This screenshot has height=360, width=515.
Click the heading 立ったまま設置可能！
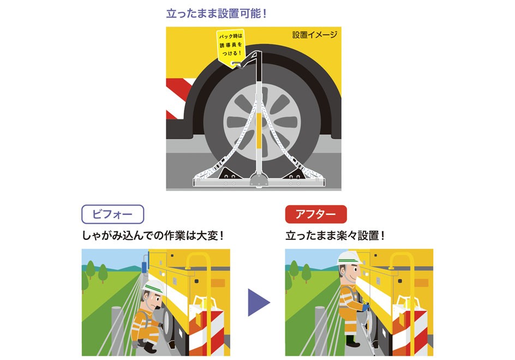pos(217,14)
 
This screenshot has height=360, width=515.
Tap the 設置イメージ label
pos(315,35)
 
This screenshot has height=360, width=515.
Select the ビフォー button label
pos(112,214)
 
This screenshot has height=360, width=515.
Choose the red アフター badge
pos(316,214)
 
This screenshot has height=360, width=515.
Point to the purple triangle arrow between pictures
pos(258,303)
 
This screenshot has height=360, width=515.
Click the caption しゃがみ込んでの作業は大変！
pos(153,236)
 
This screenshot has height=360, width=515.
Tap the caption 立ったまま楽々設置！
pos(335,236)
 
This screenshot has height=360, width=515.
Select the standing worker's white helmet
pos(349,258)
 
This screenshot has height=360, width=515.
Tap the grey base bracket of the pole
pos(259,179)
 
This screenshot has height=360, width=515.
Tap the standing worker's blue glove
pos(366,308)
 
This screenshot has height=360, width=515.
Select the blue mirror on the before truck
pos(143,267)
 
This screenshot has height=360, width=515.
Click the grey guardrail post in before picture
pos(117,331)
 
